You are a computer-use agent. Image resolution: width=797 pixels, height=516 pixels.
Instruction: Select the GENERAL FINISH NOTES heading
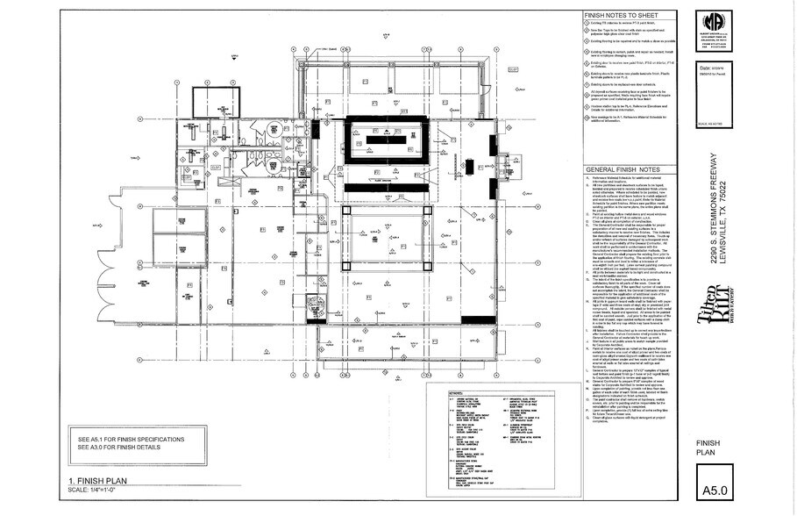623,169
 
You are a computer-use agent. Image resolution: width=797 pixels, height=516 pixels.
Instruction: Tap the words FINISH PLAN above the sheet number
708,449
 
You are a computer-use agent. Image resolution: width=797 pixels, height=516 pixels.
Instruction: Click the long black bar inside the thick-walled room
387,139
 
